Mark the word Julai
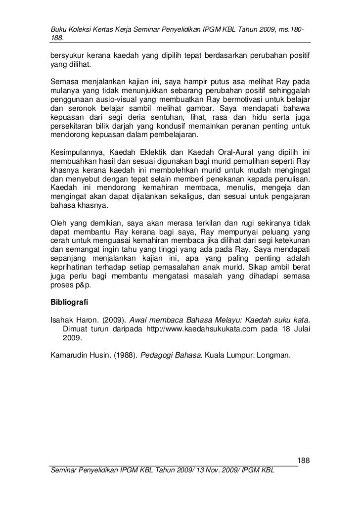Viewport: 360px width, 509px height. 300,329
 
